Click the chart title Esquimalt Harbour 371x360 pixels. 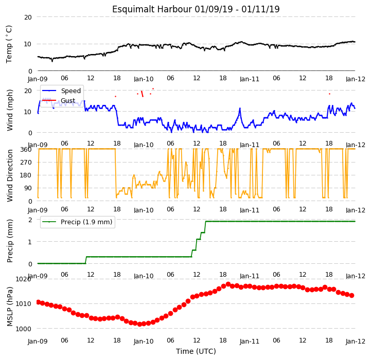coord(152,9)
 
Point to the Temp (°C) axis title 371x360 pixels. coord(9,44)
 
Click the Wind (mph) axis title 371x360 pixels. coord(10,110)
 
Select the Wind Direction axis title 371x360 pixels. coord(10,175)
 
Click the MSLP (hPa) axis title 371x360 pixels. coord(10,307)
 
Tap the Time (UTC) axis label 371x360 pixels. coord(196,351)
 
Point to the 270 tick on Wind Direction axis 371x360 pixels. coord(27,163)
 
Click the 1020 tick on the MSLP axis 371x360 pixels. coord(23,279)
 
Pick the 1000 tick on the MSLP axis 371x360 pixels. coord(23,329)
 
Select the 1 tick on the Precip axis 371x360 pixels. coord(30,242)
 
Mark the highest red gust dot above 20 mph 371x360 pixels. coord(153,88)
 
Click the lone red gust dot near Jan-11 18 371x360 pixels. coord(329,94)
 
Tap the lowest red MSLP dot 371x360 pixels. coord(139,324)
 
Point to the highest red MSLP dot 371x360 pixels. coord(228,284)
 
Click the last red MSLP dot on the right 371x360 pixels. coord(351,295)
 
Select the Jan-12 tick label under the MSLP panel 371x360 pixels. coord(356,341)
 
